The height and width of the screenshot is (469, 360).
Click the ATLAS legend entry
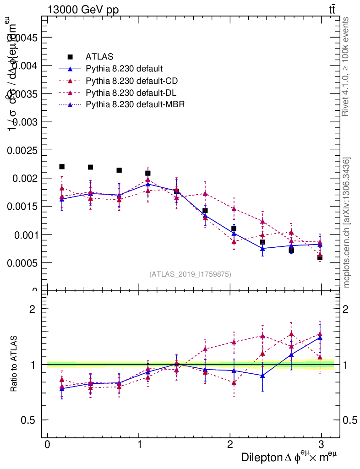point(99,57)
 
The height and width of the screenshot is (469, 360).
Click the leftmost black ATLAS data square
point(62,167)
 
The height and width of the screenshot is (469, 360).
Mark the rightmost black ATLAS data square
point(320,257)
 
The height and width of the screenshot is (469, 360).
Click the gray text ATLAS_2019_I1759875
point(190,274)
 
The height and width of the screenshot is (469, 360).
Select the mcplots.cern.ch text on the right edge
point(347,223)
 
